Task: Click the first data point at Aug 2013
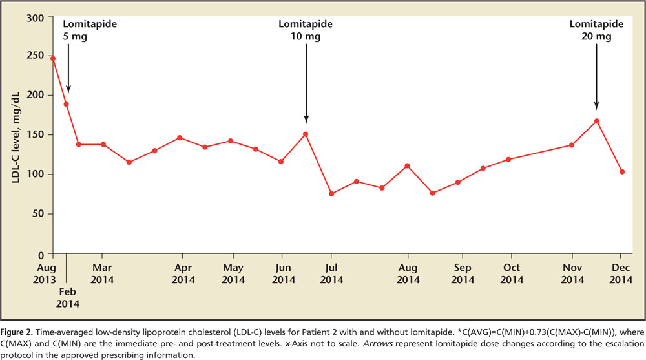coord(52,59)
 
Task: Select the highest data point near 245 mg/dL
coord(52,59)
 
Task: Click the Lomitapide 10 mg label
coord(306,30)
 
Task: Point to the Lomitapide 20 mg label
coord(596,30)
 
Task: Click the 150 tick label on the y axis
coord(36,135)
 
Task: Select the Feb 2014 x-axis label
coord(67,297)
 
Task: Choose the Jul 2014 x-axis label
coord(331,273)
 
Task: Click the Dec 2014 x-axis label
coord(621,273)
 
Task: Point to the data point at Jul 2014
coord(331,193)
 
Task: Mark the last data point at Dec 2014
coord(621,172)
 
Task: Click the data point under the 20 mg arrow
coord(596,121)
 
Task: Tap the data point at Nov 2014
coord(572,145)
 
